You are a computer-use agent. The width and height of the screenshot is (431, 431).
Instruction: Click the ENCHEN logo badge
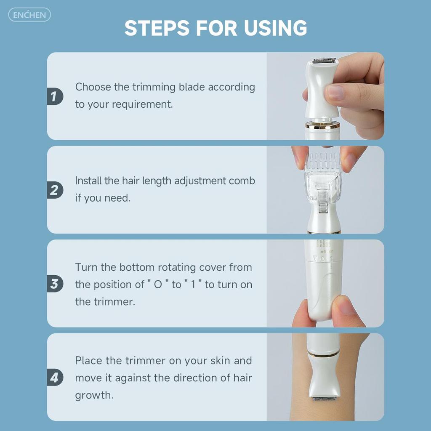(30, 15)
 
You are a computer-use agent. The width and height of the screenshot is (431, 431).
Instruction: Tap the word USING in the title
(275, 28)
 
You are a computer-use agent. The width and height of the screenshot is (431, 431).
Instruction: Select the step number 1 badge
(55, 96)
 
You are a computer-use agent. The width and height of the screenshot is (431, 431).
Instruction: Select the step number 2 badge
(55, 190)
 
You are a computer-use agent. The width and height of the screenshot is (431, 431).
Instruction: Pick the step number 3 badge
(55, 283)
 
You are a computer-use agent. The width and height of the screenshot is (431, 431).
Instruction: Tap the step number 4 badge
(55, 377)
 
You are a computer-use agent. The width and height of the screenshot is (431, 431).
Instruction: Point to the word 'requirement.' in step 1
(142, 104)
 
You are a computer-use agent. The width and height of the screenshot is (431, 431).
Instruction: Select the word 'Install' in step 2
(88, 181)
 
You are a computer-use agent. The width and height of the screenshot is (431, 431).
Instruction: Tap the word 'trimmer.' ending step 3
(114, 302)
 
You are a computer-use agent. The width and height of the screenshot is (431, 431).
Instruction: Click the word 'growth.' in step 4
(94, 396)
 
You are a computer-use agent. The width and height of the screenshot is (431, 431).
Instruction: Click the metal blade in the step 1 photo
(324, 61)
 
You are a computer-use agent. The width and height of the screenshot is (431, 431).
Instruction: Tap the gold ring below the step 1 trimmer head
(322, 125)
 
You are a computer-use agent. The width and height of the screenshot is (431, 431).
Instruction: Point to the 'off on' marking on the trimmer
(327, 251)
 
